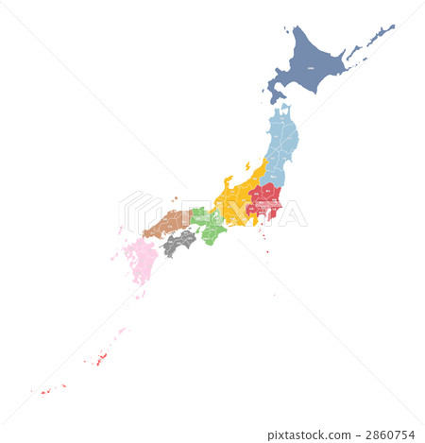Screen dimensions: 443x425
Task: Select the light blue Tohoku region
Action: point(280,142)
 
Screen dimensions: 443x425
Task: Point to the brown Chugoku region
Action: point(168,225)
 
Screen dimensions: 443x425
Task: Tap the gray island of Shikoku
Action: point(179,242)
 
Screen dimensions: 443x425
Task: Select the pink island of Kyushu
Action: point(143,259)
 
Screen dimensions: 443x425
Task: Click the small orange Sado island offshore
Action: point(247,166)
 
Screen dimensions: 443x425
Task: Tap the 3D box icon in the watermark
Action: point(139,212)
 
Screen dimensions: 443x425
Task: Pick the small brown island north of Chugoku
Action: point(176,198)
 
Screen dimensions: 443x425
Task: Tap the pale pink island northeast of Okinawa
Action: point(122,331)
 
